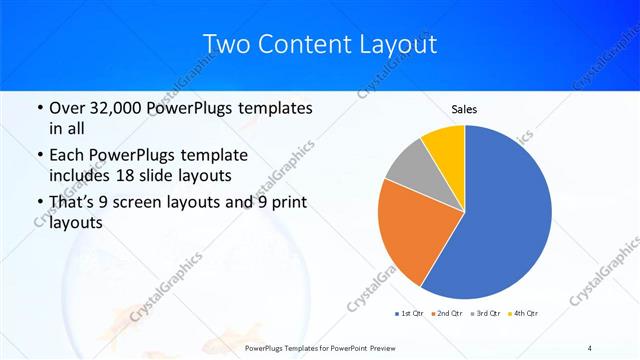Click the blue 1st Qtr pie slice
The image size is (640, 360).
tap(505, 215)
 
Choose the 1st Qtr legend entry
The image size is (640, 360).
tap(410, 314)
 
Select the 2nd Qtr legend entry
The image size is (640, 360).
tap(447, 314)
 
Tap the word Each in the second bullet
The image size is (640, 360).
tap(68, 155)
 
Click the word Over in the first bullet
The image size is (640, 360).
tap(68, 107)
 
